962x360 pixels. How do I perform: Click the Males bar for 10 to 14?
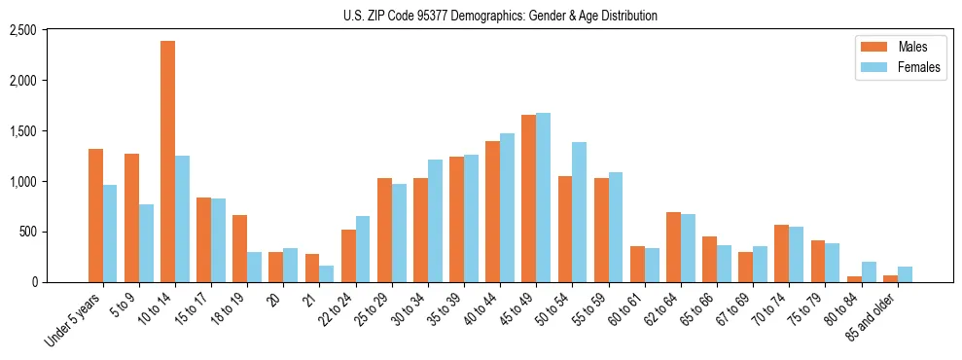168,162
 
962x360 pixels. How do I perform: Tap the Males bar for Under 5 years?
95,215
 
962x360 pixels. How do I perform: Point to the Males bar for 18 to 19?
240,248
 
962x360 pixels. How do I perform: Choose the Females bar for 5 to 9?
146,243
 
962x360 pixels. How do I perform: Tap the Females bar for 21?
326,273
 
